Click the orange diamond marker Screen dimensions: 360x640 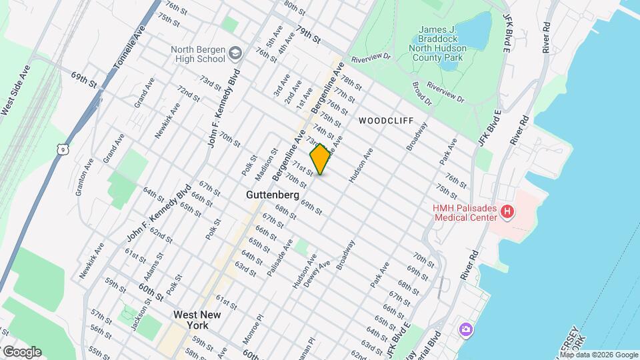(x=320, y=159)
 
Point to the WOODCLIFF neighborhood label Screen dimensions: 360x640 (x=386, y=121)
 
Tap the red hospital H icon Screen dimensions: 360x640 (x=507, y=213)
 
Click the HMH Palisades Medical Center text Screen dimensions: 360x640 (x=463, y=213)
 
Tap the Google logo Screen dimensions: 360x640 (x=21, y=352)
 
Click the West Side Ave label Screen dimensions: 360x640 (x=15, y=90)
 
